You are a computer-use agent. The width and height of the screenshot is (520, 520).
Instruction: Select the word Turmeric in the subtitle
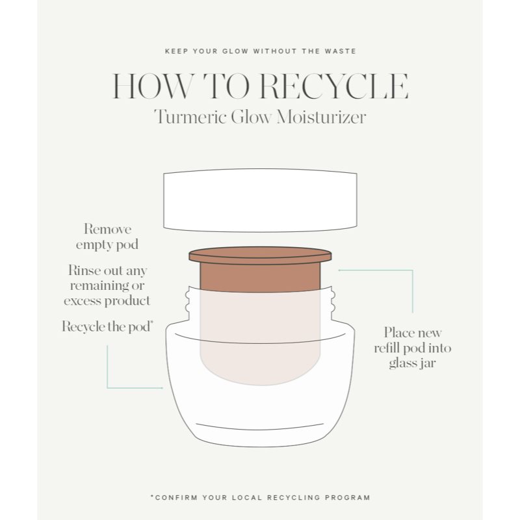189,118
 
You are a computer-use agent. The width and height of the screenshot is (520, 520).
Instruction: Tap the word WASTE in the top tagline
341,50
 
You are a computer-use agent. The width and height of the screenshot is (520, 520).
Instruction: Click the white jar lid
260,200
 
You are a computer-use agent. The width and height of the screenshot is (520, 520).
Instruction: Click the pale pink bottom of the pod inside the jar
260,364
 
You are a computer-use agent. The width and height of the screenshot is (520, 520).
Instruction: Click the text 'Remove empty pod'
107,237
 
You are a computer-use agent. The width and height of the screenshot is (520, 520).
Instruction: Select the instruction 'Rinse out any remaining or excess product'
107,285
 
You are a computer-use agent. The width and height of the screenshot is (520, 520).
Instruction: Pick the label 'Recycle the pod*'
107,327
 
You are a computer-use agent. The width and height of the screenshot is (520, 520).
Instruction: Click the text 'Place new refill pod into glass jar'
411,348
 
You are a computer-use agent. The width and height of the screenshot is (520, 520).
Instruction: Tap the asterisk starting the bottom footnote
151,497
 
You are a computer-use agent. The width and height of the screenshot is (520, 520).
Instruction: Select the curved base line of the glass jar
260,427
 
